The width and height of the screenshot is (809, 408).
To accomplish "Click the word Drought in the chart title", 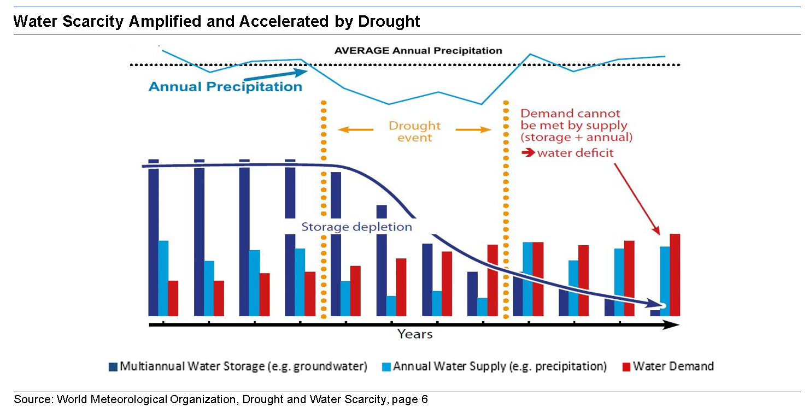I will (389, 21).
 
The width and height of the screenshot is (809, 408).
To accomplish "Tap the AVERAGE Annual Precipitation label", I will (418, 51).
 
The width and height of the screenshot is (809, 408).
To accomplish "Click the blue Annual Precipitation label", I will (225, 87).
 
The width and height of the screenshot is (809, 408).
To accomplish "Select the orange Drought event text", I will (414, 131).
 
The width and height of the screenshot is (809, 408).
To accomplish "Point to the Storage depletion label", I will (356, 227).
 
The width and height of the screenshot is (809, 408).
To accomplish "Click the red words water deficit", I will (575, 153).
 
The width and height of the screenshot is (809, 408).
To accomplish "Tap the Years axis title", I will (414, 334).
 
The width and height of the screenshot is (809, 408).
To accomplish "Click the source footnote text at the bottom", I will (221, 399).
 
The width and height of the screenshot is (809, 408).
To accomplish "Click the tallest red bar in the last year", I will (675, 275).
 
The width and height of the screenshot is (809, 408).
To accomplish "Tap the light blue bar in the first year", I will (163, 278).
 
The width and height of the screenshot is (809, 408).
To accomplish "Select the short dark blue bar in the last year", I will (655, 313).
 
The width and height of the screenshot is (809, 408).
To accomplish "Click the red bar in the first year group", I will (173, 298).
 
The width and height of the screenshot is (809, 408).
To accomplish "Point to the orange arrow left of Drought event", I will (355, 130).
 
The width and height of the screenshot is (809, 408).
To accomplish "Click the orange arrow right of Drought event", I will (473, 130).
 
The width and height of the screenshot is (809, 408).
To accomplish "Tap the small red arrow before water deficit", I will (528, 153).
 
